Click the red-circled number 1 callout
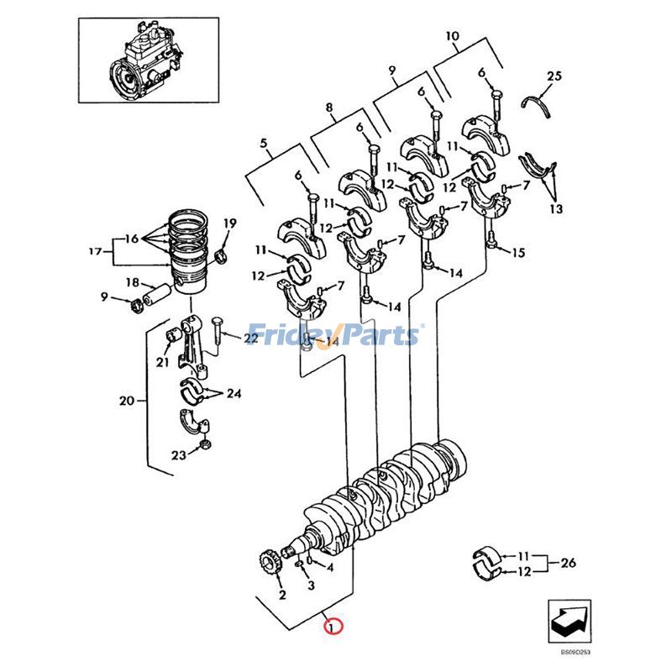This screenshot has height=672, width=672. (x=333, y=627)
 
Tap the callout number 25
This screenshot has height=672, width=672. (x=554, y=76)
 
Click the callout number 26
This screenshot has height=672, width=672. (x=569, y=562)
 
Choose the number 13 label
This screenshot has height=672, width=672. (x=556, y=208)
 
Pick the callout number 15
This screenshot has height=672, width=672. (x=518, y=253)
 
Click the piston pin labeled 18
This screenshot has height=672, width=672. (x=157, y=297)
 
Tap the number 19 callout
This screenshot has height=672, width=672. (x=229, y=223)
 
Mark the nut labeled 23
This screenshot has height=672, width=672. (x=205, y=445)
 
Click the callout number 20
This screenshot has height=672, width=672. (x=127, y=402)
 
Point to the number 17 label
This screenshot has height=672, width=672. (x=96, y=251)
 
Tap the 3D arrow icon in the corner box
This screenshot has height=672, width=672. (x=570, y=621)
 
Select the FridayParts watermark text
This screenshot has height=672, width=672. (x=333, y=335)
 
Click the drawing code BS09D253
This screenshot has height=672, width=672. (x=575, y=653)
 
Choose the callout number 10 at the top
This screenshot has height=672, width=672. (x=453, y=36)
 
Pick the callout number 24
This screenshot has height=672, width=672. (x=234, y=393)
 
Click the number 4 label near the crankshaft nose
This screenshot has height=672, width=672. (x=330, y=568)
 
